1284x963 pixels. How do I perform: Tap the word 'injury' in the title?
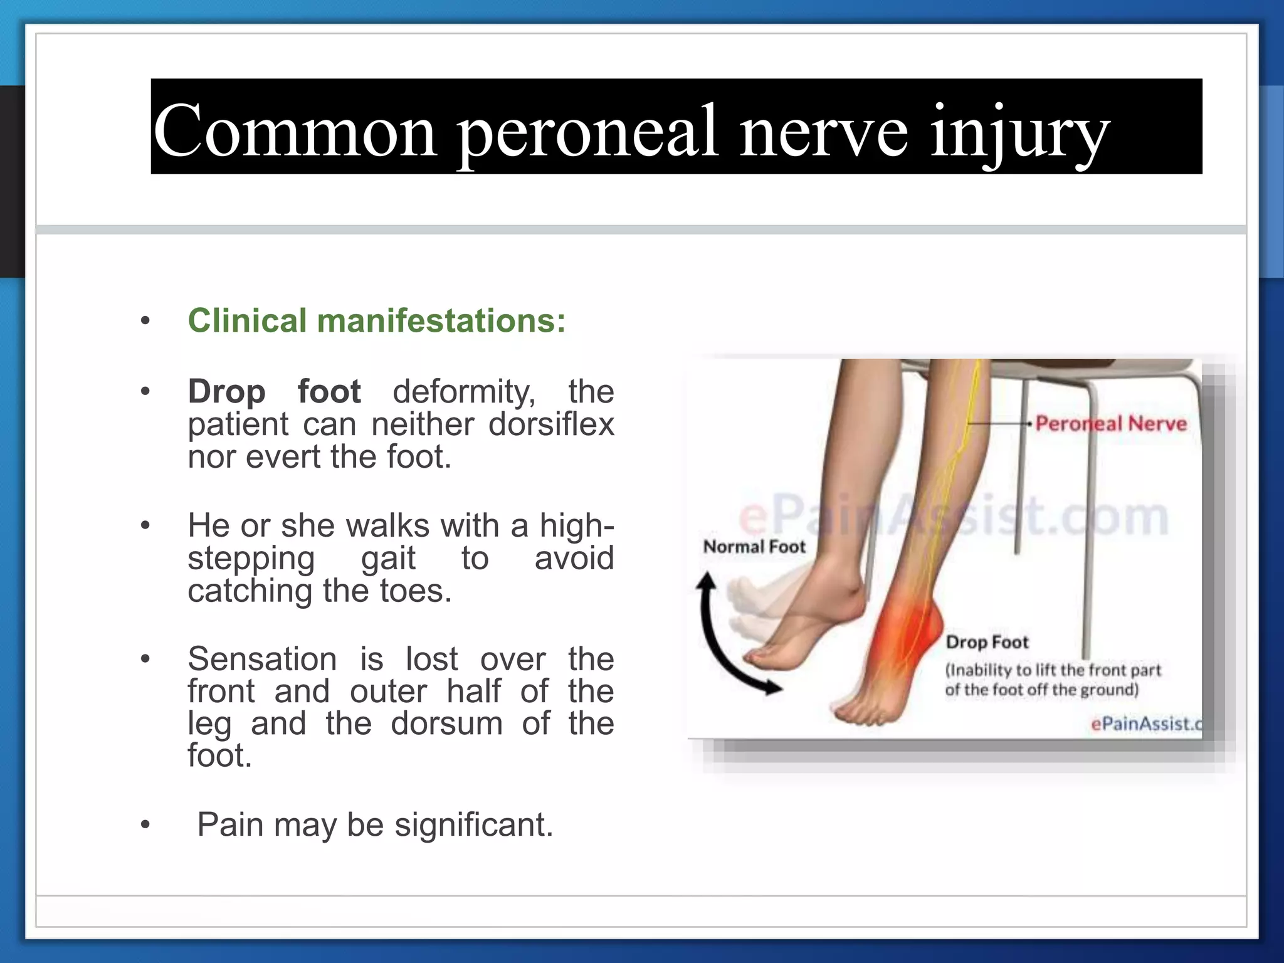[x=1019, y=133]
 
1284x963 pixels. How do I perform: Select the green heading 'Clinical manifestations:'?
[x=377, y=321]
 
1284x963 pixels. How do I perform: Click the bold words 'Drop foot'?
[x=274, y=392]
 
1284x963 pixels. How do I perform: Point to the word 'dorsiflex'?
[x=551, y=424]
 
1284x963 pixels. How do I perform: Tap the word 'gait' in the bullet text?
[x=388, y=558]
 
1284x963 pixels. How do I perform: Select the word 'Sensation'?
[x=262, y=660]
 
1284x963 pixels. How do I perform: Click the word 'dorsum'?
[x=446, y=724]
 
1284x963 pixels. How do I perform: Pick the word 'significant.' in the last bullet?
[x=473, y=824]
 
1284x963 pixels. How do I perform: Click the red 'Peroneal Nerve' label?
[x=1111, y=424]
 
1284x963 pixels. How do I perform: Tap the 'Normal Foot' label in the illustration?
[x=754, y=547]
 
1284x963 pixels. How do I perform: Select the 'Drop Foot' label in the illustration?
[x=987, y=642]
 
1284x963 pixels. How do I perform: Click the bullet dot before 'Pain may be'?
[x=145, y=825]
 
